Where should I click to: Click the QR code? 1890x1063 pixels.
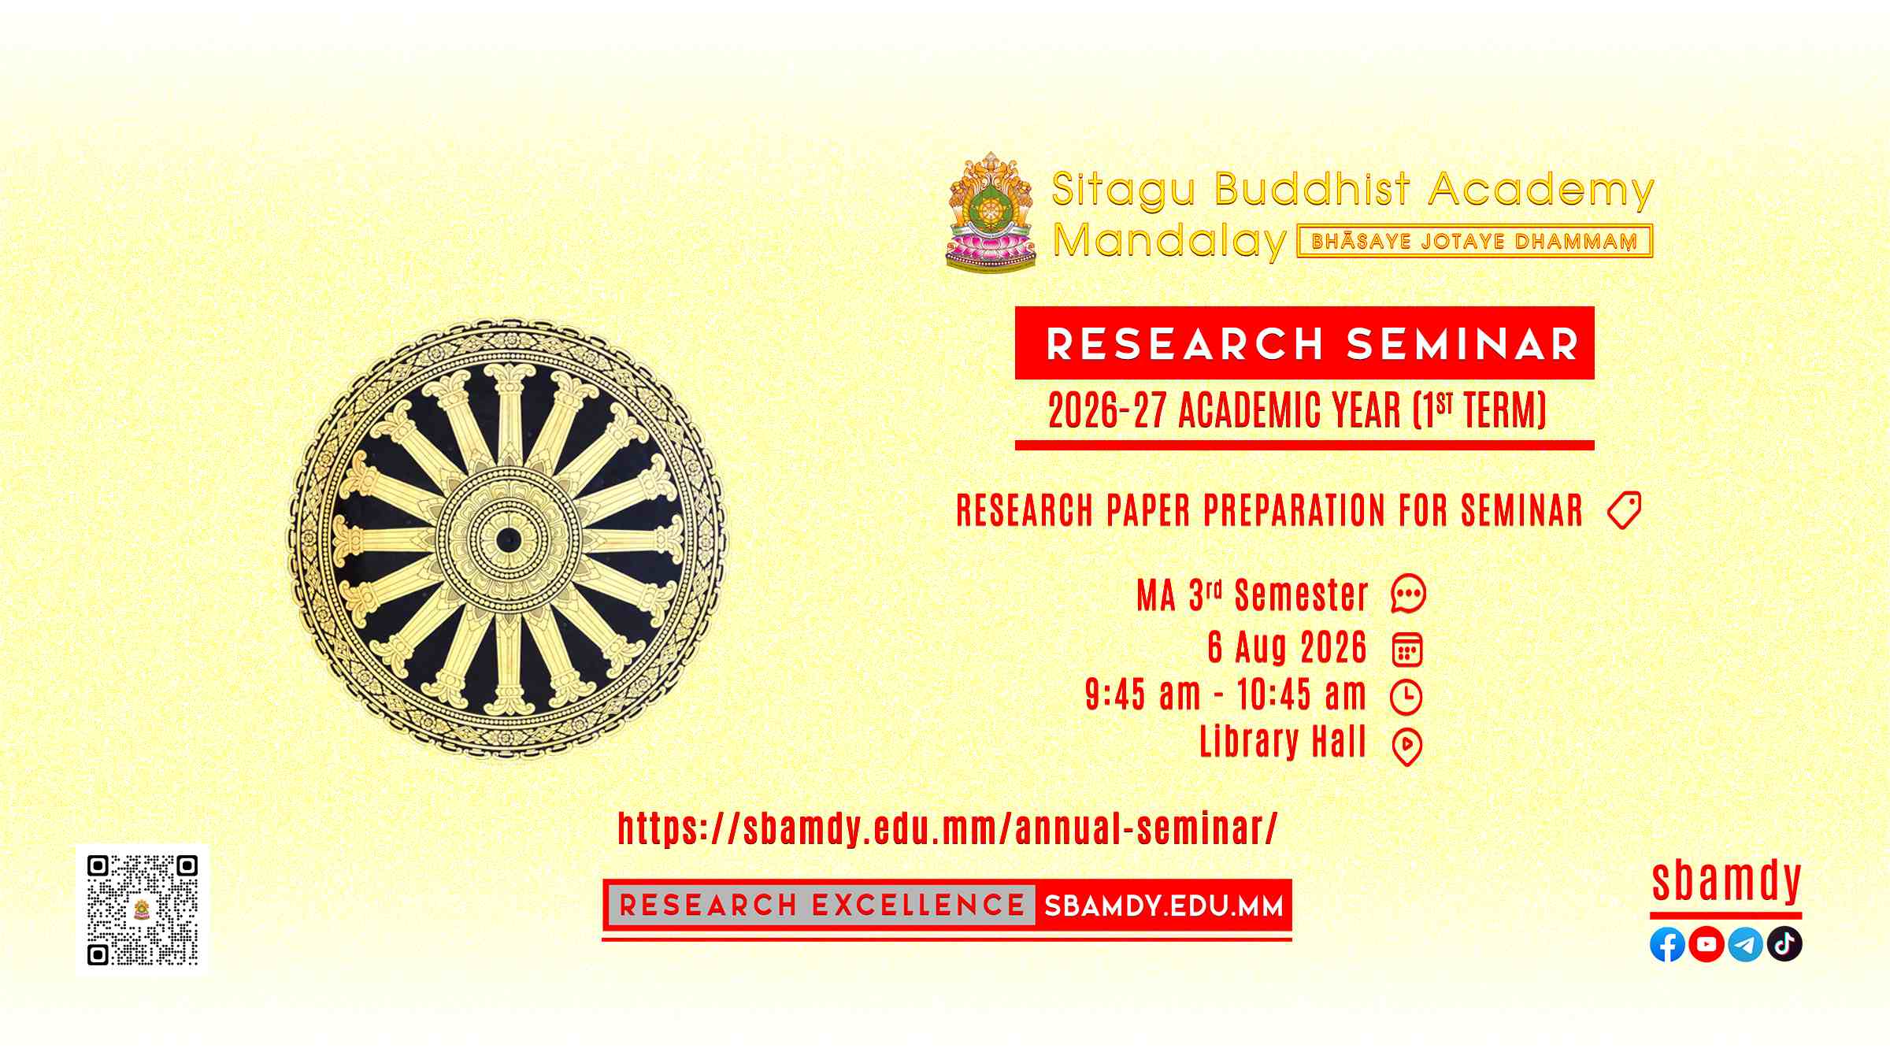143,909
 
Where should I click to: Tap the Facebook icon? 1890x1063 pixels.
1667,944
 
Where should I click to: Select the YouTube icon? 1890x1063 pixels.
1707,944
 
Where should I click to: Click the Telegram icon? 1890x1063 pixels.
1745,944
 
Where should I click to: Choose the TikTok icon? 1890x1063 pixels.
1784,944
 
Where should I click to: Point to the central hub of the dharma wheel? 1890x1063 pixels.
509,540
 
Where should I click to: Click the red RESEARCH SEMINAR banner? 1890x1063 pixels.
1305,343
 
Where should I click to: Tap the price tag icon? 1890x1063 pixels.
1624,510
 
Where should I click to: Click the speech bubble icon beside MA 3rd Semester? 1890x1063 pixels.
1408,594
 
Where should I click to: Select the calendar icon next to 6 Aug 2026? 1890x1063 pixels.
1407,649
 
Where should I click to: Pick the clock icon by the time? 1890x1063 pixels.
1406,697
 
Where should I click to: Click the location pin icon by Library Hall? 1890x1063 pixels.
1407,747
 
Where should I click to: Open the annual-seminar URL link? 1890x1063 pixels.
947,828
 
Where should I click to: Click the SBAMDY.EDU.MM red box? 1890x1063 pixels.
1163,906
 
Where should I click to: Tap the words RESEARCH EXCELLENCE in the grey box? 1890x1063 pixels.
822,906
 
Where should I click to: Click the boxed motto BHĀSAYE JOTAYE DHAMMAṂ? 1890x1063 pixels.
1474,241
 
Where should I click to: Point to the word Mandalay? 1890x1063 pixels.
1170,240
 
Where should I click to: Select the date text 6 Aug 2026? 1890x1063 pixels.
1288,647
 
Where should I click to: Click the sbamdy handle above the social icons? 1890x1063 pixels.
1726,882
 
